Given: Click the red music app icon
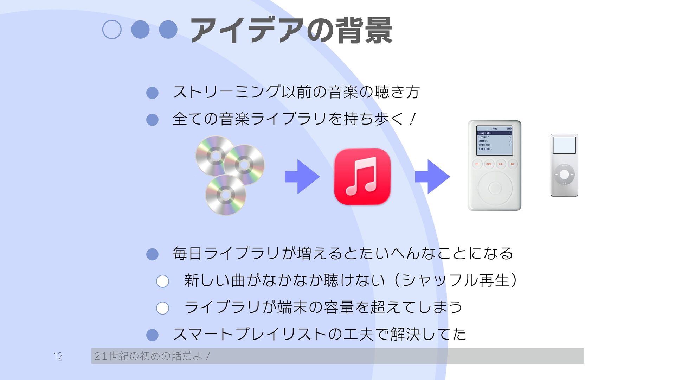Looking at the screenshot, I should pyautogui.click(x=362, y=177).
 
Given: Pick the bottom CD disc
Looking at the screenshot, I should pyautogui.click(x=225, y=195).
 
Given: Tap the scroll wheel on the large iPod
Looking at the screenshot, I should pyautogui.click(x=495, y=188).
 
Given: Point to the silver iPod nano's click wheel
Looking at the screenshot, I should pyautogui.click(x=564, y=175).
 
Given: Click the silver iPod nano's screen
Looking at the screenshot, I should pyautogui.click(x=564, y=145).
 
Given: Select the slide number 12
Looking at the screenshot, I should pyautogui.click(x=58, y=356).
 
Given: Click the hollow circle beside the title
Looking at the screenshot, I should pyautogui.click(x=112, y=30).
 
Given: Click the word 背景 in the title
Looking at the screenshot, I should pyautogui.click(x=364, y=31).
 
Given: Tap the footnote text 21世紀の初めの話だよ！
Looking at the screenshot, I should pyautogui.click(x=152, y=356).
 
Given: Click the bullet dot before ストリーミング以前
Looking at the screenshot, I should pyautogui.click(x=152, y=93).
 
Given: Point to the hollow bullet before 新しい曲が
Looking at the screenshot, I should pyautogui.click(x=162, y=281).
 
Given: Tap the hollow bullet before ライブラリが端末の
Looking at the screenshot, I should pyautogui.click(x=162, y=308).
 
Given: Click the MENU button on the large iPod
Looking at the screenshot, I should pyautogui.click(x=489, y=164).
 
